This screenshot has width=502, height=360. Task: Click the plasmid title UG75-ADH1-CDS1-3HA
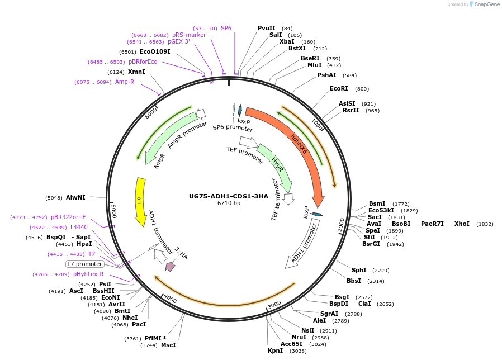click(229, 196)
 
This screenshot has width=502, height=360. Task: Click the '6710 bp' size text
click(229, 203)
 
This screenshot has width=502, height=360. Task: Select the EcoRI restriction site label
click(339, 88)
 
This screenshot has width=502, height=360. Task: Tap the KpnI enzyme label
click(275, 350)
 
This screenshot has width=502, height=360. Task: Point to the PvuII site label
click(267, 28)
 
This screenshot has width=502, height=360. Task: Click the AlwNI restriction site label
click(75, 197)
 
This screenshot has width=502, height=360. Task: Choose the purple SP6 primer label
click(226, 28)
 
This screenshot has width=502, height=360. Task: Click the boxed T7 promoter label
click(85, 264)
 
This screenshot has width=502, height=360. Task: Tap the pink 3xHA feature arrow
click(171, 267)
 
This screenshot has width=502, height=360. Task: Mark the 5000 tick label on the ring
click(114, 211)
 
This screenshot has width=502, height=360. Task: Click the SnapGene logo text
click(485, 4)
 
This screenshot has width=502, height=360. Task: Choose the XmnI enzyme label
click(136, 72)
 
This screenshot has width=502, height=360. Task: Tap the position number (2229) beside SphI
click(381, 270)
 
